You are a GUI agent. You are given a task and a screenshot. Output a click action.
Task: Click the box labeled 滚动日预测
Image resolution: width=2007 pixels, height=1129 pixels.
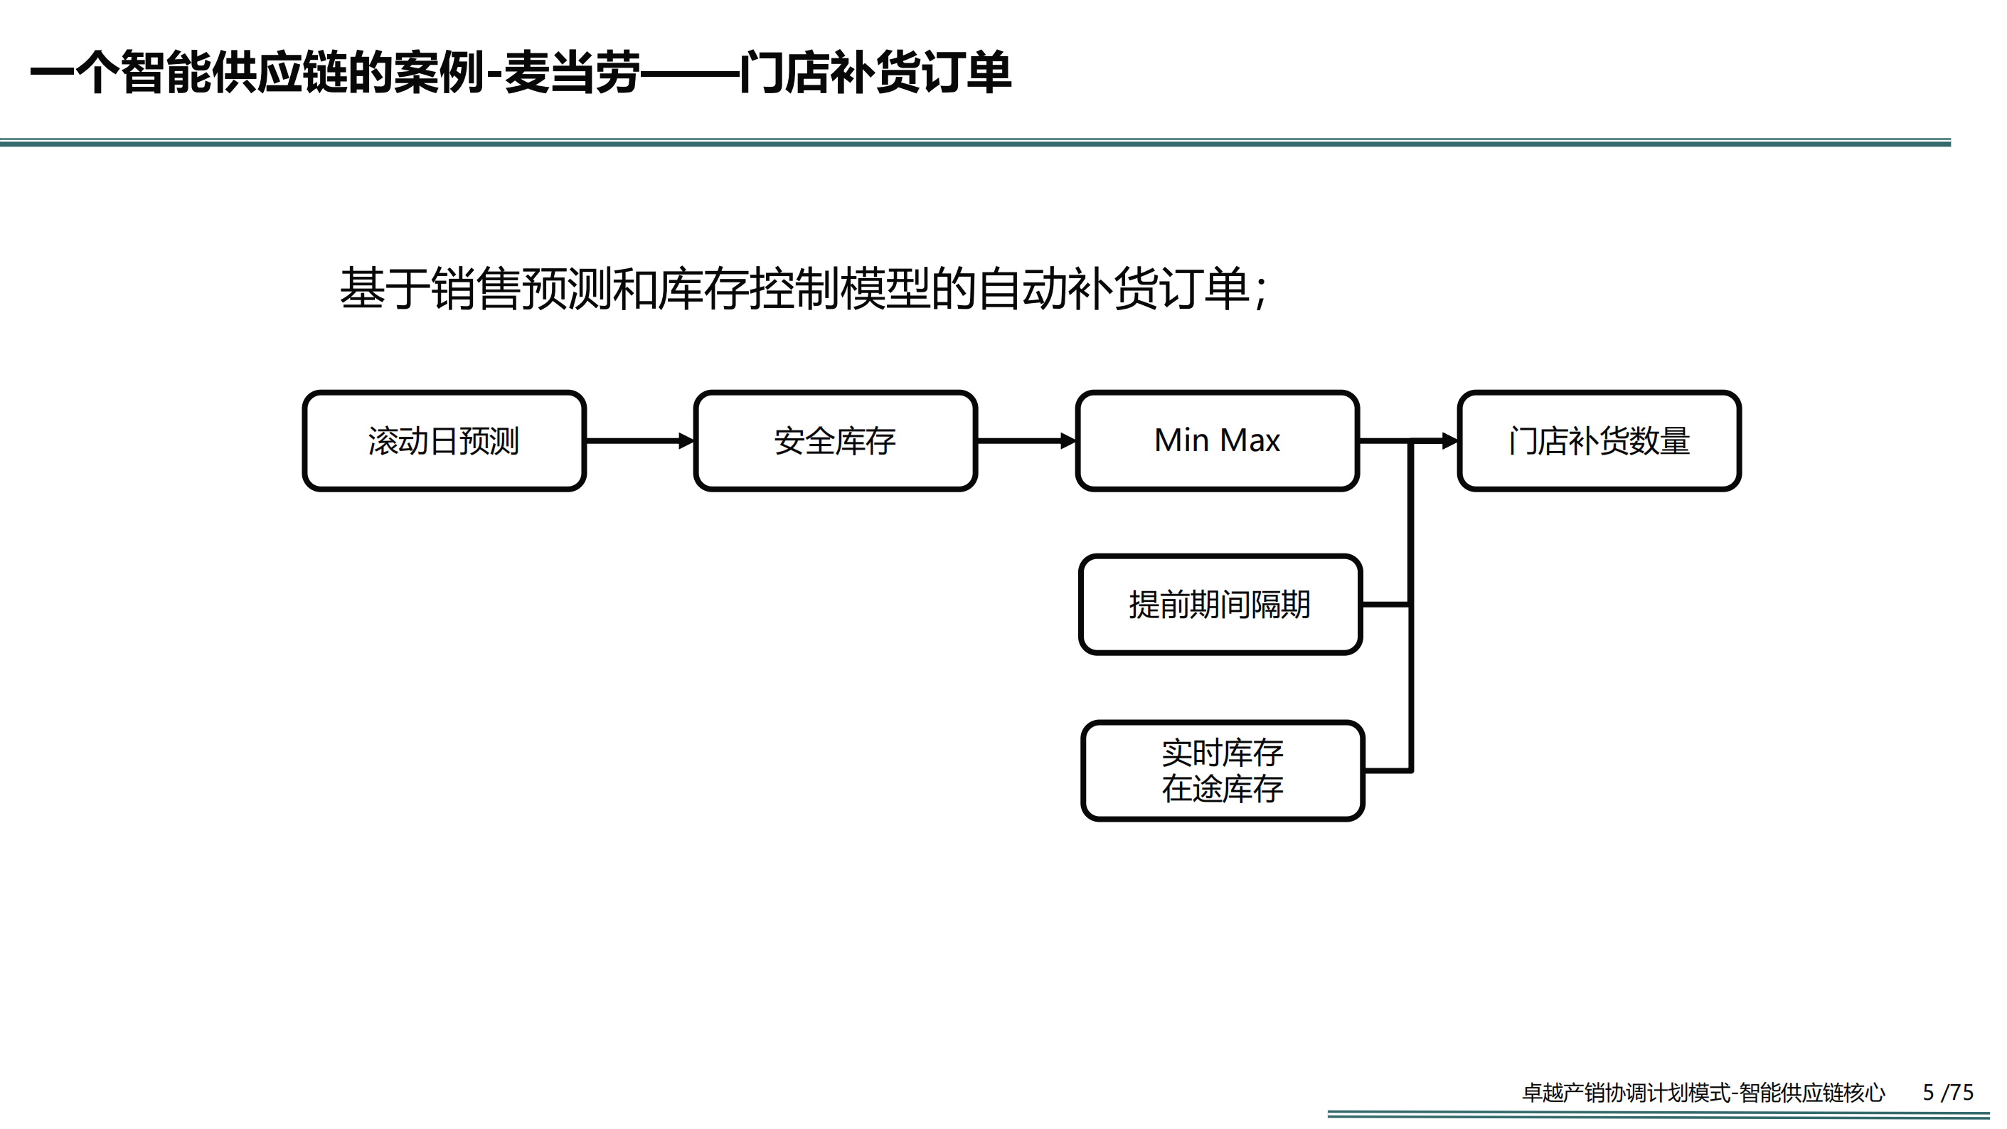(x=444, y=441)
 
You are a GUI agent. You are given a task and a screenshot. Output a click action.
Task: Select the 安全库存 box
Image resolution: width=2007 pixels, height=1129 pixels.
(x=835, y=441)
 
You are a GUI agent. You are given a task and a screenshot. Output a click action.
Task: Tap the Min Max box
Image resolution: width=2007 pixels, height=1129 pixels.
(x=1217, y=441)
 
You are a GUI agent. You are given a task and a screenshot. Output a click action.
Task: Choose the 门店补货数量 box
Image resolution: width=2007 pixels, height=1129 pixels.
(x=1599, y=441)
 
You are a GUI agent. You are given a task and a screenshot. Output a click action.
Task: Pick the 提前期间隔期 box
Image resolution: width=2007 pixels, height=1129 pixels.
(x=1220, y=605)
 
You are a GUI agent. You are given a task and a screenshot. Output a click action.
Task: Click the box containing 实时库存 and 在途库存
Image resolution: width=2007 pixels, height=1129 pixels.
(x=1223, y=770)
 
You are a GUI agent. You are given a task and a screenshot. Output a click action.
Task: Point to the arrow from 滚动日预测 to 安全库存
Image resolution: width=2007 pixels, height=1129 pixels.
(x=639, y=441)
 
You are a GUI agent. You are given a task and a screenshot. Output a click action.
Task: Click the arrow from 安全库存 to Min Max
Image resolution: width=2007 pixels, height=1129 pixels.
(x=1026, y=441)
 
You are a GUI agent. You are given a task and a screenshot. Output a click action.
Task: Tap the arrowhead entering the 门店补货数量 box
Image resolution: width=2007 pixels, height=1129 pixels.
(x=1449, y=441)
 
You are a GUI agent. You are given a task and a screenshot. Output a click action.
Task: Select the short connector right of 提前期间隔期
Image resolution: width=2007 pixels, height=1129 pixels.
(x=1387, y=604)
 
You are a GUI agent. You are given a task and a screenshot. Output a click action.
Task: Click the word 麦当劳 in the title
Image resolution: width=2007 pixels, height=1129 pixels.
(x=572, y=73)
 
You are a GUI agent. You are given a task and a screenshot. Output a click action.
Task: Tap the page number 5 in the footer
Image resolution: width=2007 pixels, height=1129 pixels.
(x=1928, y=1093)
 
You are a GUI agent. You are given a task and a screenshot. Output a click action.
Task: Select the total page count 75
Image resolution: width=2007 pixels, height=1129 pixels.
(x=1961, y=1093)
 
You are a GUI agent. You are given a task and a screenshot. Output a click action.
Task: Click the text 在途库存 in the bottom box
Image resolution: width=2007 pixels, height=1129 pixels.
(x=1223, y=788)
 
